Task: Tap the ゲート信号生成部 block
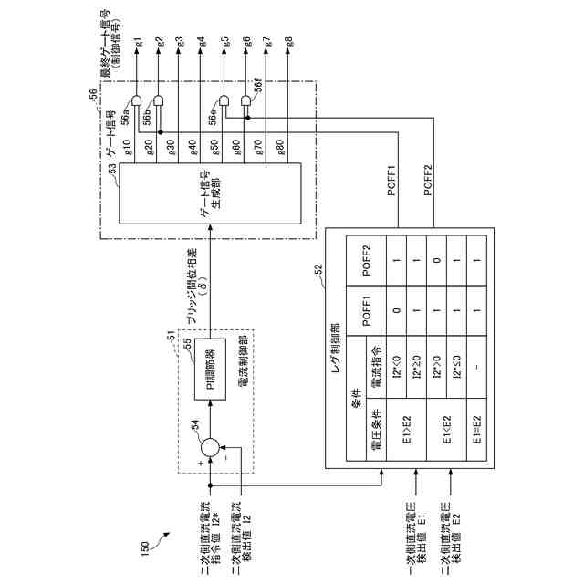point(209,202)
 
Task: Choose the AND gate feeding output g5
point(224,101)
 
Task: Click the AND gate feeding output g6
point(245,101)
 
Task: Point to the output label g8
point(289,43)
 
